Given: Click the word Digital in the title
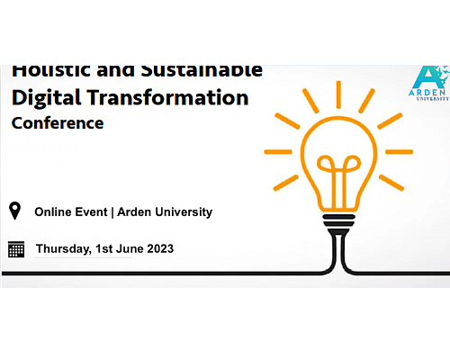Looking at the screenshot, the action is [47, 98].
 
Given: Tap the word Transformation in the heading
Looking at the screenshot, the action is [168, 97].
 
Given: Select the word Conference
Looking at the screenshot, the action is [58, 123].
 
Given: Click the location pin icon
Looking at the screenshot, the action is [14, 211].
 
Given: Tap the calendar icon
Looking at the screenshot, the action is [16, 249].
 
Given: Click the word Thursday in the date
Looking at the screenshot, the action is [64, 249].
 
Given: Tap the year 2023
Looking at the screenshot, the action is [160, 248].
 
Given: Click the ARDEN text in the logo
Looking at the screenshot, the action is [427, 93].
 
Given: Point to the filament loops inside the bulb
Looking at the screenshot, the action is [338, 164].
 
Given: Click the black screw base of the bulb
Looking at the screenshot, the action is [338, 223].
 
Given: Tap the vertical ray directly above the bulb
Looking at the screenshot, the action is [338, 94].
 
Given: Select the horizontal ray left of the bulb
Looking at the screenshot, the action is [278, 152].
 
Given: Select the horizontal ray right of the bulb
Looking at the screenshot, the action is [400, 152].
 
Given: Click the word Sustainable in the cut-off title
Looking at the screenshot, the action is [202, 71].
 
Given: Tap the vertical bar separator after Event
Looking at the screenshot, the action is [112, 212].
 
